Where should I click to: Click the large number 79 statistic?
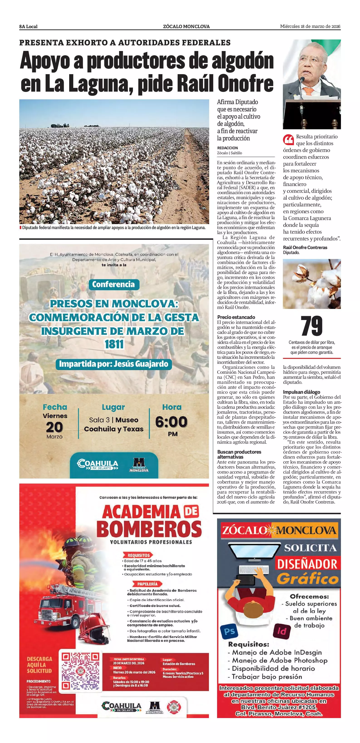pos(311,326)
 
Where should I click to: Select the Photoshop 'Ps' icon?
pos(229,631)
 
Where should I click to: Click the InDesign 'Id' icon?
pos(282,631)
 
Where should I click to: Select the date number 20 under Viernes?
pos(54,427)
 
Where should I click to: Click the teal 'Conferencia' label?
pos(113,284)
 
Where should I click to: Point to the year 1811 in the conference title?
pos(114,344)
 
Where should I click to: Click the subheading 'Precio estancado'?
pos(236,317)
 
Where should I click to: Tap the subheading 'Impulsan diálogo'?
pos(301,392)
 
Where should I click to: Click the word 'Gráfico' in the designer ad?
pos(307,579)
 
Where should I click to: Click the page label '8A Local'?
pos(28,27)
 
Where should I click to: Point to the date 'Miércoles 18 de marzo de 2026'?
pos(310,27)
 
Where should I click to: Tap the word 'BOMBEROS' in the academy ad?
pos(149,529)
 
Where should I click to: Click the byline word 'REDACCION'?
pos(228,148)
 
